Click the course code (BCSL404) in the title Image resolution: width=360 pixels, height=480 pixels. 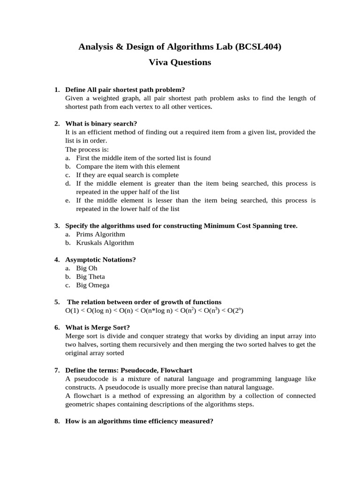260,46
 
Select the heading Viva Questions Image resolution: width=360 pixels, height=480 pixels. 180,62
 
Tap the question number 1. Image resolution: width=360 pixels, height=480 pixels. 57,90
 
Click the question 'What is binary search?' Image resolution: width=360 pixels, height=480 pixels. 101,124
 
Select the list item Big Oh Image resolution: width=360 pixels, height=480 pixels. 87,268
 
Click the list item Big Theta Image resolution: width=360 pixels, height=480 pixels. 90,277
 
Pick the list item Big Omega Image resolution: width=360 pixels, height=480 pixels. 93,285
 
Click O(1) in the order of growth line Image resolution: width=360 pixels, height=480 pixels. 73,311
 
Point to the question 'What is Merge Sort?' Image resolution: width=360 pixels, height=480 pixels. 97,327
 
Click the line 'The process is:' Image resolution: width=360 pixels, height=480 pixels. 87,149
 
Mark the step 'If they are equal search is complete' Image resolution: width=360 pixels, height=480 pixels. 127,175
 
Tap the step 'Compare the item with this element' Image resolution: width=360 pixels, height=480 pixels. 127,166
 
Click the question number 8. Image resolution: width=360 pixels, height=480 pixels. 57,421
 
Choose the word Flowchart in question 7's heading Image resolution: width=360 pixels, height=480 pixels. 176,370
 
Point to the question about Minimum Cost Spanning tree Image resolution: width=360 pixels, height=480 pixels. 181,225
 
